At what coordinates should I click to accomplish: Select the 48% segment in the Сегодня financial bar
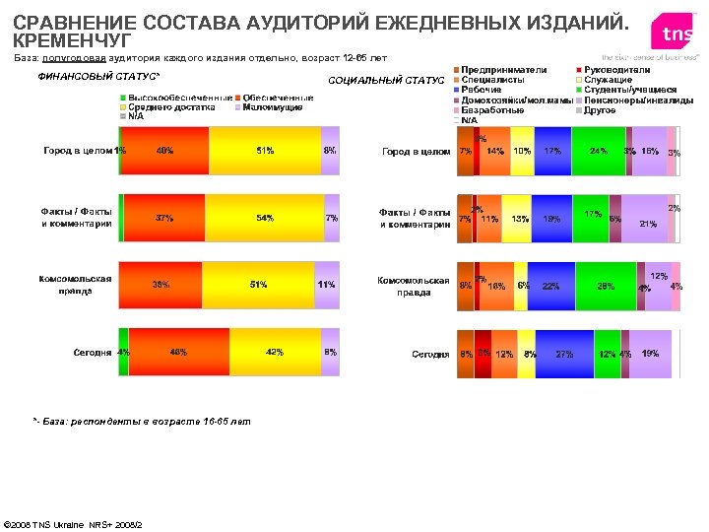pyautogui.click(x=179, y=353)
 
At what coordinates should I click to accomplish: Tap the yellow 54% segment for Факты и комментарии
pyautogui.click(x=264, y=218)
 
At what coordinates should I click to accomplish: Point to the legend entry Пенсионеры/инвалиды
pyautogui.click(x=628, y=100)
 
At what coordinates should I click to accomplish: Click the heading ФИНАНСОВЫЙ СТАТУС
pyautogui.click(x=98, y=77)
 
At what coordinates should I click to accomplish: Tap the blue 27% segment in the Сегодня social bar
pyautogui.click(x=564, y=353)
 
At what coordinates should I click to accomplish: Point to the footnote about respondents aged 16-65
pyautogui.click(x=142, y=421)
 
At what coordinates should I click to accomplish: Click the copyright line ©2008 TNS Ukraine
pyautogui.click(x=75, y=523)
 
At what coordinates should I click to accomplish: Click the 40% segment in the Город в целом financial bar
pyautogui.click(x=164, y=151)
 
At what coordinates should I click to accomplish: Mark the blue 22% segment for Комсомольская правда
pyautogui.click(x=550, y=286)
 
